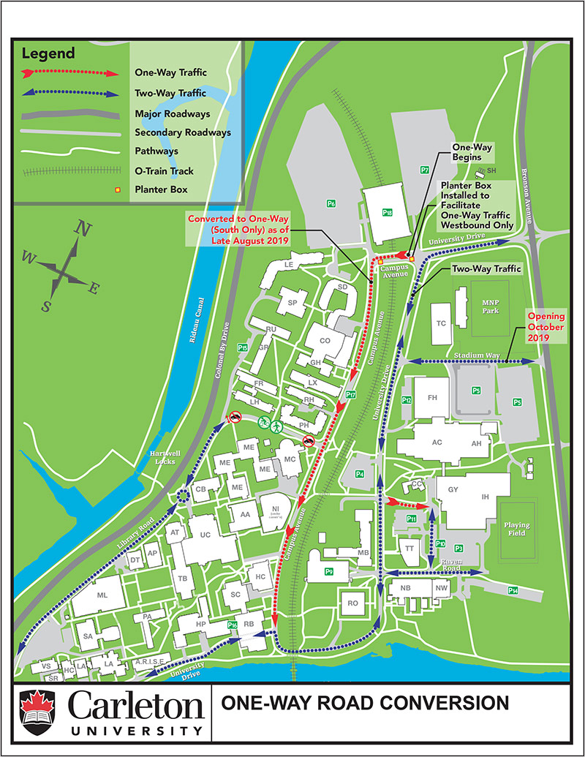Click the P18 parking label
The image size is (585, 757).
(388, 212)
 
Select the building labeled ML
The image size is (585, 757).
(102, 596)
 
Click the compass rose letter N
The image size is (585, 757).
(84, 230)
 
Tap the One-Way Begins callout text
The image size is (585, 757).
(473, 152)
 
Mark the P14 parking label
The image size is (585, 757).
(514, 590)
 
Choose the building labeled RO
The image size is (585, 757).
(352, 603)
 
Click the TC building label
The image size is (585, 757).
(441, 323)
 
